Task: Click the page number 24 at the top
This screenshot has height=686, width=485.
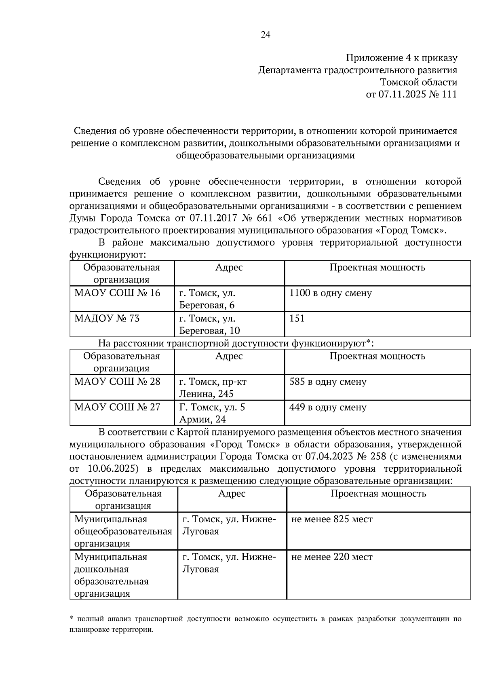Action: click(266, 35)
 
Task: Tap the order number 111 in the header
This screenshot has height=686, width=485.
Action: click(449, 95)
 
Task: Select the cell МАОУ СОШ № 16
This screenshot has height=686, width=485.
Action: click(117, 293)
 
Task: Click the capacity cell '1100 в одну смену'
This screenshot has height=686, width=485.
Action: click(330, 293)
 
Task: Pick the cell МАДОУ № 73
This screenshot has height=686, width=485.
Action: click(107, 319)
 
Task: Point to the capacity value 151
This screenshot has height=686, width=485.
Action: click(297, 319)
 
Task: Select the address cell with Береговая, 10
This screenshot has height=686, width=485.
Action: click(209, 331)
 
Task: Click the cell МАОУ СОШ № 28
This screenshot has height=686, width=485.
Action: click(117, 382)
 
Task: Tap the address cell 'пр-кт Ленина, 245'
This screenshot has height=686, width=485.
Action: click(213, 388)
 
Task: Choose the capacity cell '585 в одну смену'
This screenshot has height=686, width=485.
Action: click(328, 382)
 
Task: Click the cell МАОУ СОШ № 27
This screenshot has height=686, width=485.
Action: click(117, 407)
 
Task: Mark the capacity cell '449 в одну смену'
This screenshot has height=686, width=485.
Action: click(328, 407)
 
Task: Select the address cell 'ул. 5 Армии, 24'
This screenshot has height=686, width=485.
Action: click(212, 413)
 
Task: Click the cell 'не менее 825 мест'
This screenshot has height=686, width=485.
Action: click(331, 519)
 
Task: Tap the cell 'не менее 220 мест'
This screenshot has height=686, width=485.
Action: click(331, 557)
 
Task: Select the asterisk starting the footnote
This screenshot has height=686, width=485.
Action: click(71, 618)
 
